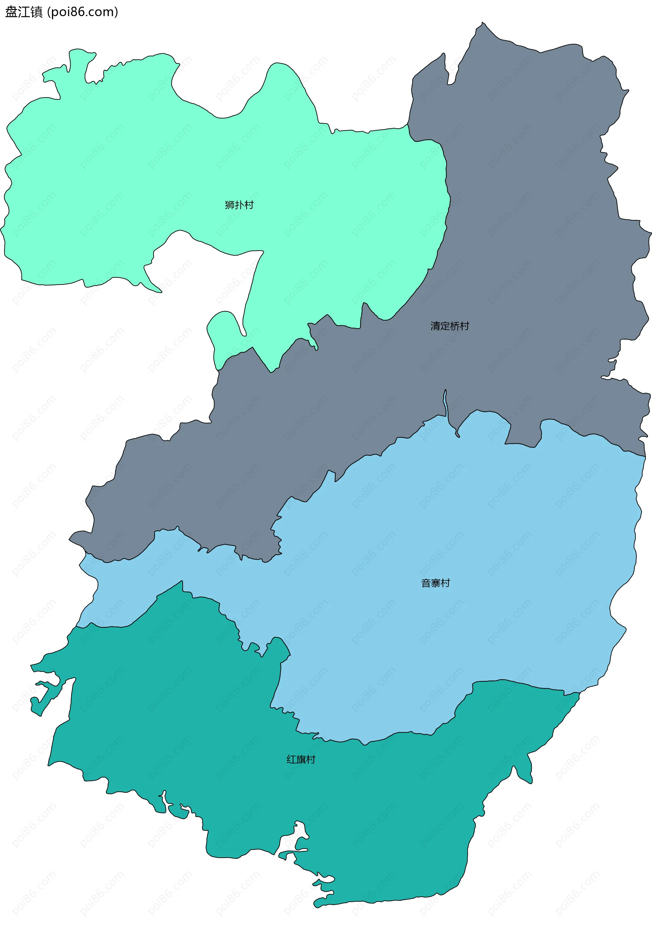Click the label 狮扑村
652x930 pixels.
pyautogui.click(x=239, y=205)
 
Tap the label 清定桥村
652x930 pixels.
pyautogui.click(x=450, y=326)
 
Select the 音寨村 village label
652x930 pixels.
pyautogui.click(x=436, y=583)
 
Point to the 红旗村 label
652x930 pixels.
pyautogui.click(x=301, y=760)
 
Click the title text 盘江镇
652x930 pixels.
pyautogui.click(x=23, y=12)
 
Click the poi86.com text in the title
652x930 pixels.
pyautogui.click(x=83, y=12)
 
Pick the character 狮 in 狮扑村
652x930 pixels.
pyautogui.click(x=230, y=205)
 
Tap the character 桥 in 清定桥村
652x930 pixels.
pyautogui.click(x=455, y=326)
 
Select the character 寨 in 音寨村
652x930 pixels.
pyautogui.click(x=436, y=583)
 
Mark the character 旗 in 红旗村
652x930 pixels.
pyautogui.click(x=301, y=760)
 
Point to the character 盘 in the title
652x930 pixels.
pyautogui.click(x=11, y=12)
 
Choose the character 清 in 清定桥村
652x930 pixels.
pyautogui.click(x=435, y=326)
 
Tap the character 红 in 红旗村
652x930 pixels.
pyautogui.click(x=291, y=760)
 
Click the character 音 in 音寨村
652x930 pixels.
pyautogui.click(x=426, y=583)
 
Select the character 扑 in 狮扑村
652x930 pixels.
pyautogui.click(x=239, y=205)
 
